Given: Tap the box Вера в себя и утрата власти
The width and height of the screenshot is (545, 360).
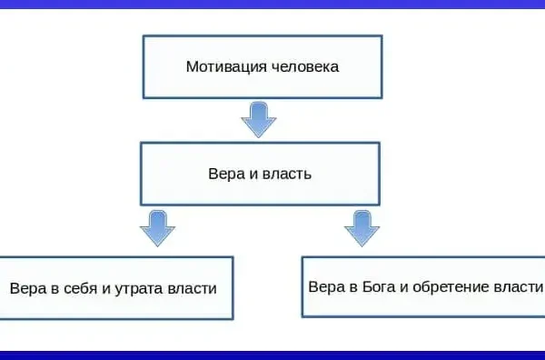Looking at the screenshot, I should tap(115, 287).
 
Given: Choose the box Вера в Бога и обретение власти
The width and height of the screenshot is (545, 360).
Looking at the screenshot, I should tap(423, 286).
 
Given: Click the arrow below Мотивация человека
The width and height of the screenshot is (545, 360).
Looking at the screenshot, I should tap(260, 119).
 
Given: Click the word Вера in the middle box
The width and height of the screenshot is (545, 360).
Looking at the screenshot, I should tap(224, 173).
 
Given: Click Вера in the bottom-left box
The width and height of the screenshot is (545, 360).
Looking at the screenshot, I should tap(26, 288).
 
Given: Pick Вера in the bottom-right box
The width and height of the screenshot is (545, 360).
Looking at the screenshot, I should tap(325, 285).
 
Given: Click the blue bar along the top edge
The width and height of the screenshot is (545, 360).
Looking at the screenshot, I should tap(272, 4).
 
